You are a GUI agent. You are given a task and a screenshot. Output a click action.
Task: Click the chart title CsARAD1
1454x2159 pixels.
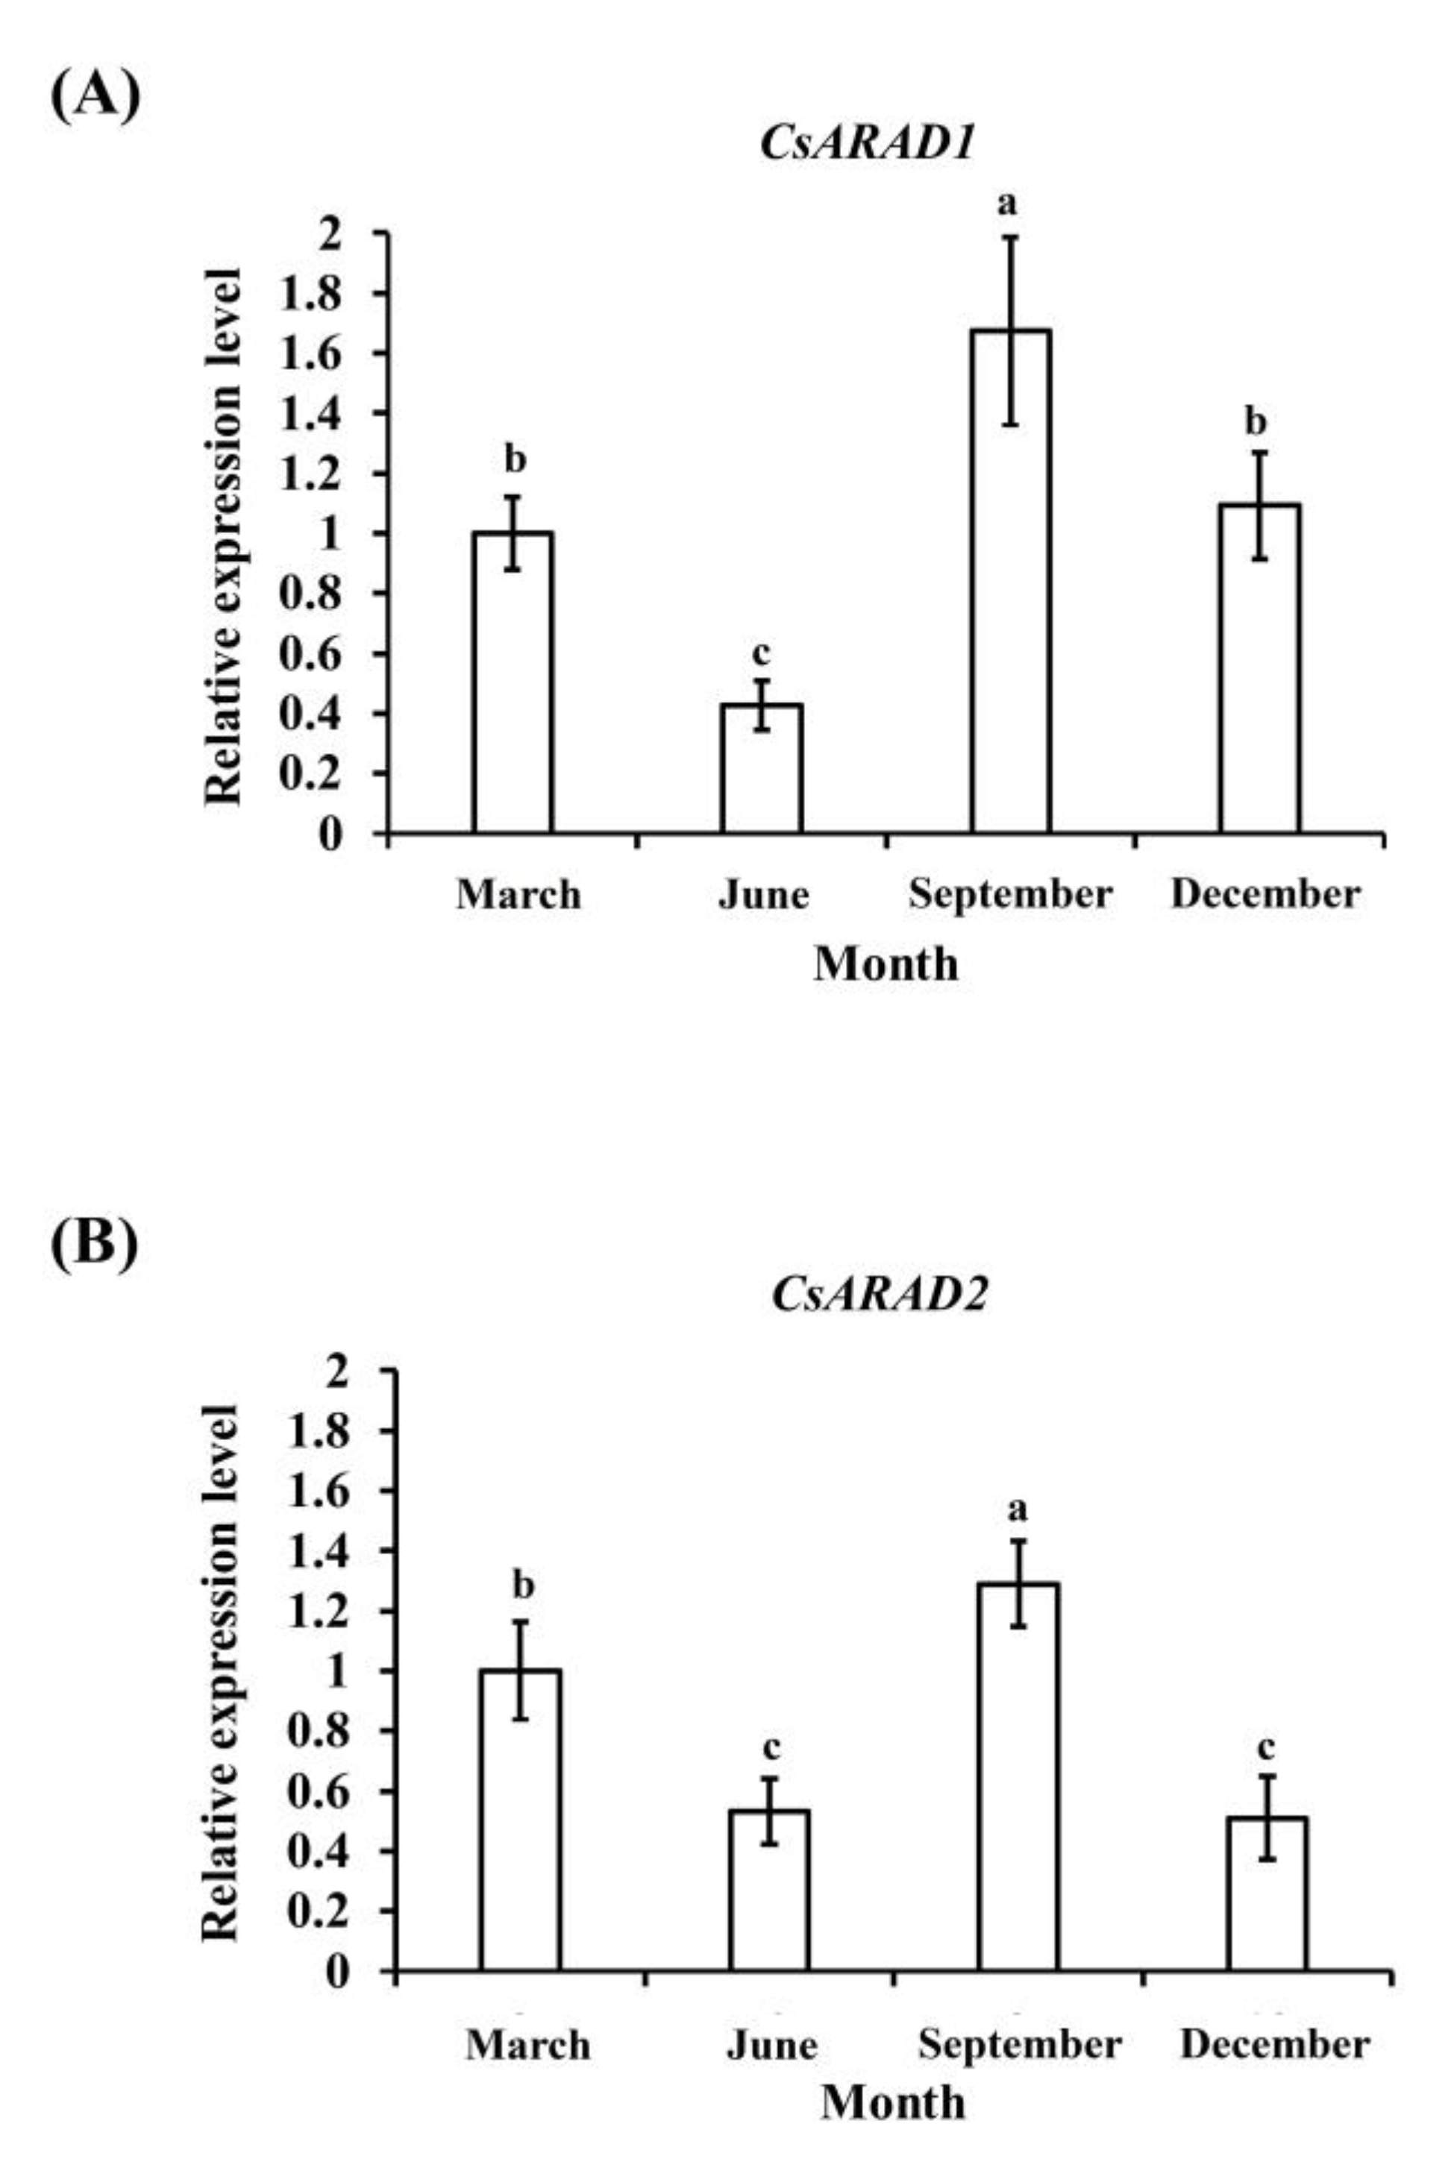[867, 145]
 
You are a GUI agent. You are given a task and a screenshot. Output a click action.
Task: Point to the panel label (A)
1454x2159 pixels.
[95, 95]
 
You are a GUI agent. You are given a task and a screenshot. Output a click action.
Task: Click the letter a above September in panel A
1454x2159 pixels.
[1007, 203]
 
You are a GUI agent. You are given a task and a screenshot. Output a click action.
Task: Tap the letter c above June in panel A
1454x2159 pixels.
[760, 653]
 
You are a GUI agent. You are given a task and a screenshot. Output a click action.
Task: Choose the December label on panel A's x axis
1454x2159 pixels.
[1265, 895]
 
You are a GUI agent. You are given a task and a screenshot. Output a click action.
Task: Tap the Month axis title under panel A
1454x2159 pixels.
[886, 965]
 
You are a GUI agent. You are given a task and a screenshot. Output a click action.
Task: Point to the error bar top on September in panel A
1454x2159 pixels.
[1011, 237]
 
